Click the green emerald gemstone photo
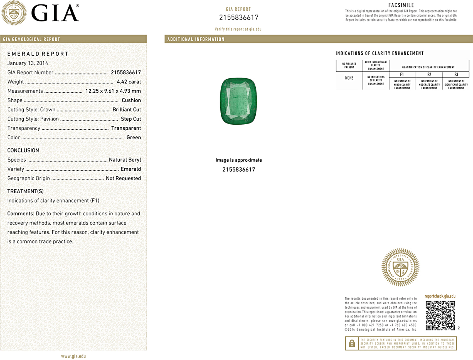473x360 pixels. (238, 101)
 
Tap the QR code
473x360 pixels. (440, 315)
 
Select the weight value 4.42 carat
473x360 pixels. (129, 82)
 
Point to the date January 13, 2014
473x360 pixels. (28, 63)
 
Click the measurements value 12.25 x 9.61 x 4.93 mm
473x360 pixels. (113, 91)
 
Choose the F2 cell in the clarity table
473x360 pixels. (429, 75)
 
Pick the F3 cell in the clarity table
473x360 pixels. (456, 75)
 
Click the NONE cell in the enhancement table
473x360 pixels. (349, 78)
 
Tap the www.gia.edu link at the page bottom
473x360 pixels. (73, 356)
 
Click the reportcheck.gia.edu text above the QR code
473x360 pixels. (440, 296)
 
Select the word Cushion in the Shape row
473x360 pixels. (131, 100)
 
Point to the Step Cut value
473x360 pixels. (131, 119)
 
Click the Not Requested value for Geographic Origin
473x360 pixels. (123, 178)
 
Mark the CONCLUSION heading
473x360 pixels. (23, 151)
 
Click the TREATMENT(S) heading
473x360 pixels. (25, 191)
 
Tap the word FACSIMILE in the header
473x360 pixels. (401, 5)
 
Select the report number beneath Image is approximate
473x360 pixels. (238, 169)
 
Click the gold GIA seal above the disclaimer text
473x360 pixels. (400, 267)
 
